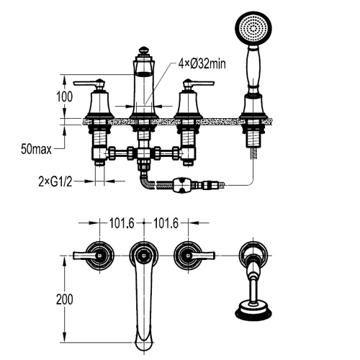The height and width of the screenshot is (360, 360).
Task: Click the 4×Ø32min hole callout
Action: tap(202, 64)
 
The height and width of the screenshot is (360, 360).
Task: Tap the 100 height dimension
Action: tap(64, 96)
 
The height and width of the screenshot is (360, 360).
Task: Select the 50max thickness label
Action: tap(36, 149)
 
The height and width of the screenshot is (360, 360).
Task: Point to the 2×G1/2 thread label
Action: tap(55, 181)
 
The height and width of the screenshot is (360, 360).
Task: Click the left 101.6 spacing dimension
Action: tap(122, 223)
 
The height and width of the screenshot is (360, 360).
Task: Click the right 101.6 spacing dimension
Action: tap(166, 223)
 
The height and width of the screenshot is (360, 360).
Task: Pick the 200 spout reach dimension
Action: tap(64, 300)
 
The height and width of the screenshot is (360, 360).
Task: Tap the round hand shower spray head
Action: tap(253, 30)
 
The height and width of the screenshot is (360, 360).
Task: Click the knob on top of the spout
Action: tap(144, 50)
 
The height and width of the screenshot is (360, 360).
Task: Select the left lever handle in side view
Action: tap(89, 84)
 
